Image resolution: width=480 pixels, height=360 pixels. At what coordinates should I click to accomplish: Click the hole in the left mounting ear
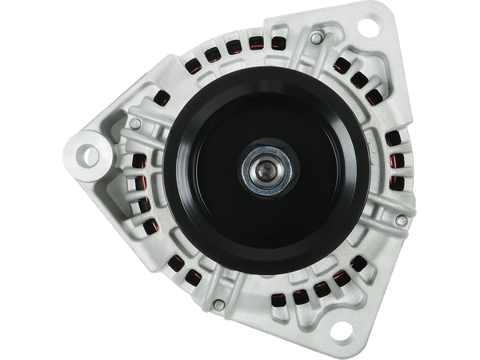click(86, 151)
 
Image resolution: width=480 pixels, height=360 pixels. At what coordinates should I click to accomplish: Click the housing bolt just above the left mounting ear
click(135, 123)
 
